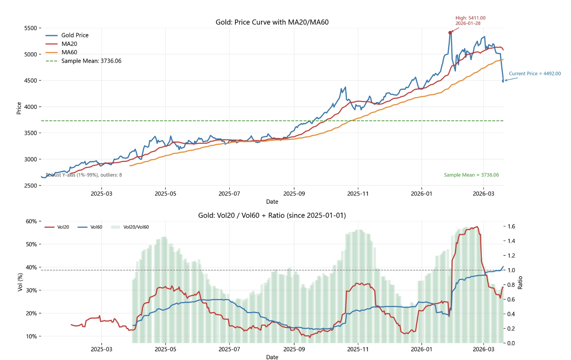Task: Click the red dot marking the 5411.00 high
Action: click(450, 32)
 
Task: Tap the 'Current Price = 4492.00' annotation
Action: click(535, 74)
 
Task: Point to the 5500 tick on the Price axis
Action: click(30, 28)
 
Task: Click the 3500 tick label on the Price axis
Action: click(30, 133)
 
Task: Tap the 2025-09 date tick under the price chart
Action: click(294, 194)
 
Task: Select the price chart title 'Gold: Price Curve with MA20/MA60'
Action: click(272, 22)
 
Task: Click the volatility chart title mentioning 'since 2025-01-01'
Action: click(272, 215)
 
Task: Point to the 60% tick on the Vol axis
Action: click(31, 221)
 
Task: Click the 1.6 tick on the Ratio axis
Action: click(511, 227)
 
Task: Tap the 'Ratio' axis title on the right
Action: click(520, 282)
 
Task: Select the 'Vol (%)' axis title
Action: click(20, 282)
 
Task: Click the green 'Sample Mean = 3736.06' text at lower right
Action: click(471, 175)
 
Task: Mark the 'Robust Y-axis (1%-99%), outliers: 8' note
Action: click(84, 175)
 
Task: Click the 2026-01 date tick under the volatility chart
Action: click(421, 349)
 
